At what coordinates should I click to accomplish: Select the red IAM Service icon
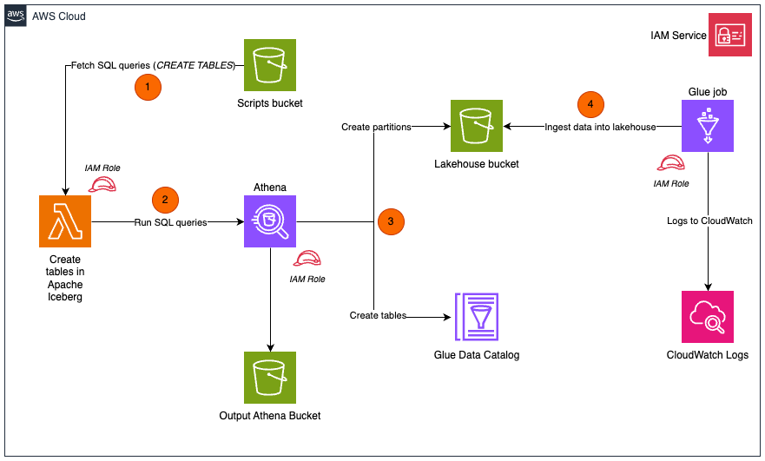729,36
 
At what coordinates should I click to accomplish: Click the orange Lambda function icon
65,221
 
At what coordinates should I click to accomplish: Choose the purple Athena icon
270,221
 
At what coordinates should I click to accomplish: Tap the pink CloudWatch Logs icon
708,317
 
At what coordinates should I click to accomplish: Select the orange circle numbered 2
165,200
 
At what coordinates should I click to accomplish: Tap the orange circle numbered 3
391,221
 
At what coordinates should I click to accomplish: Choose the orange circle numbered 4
590,104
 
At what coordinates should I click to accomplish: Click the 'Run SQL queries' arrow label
171,222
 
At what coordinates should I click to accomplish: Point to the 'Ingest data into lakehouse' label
600,127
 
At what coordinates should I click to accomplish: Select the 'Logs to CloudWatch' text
709,220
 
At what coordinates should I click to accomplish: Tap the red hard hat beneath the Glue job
670,163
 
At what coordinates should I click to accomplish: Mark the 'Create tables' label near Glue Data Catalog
378,316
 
